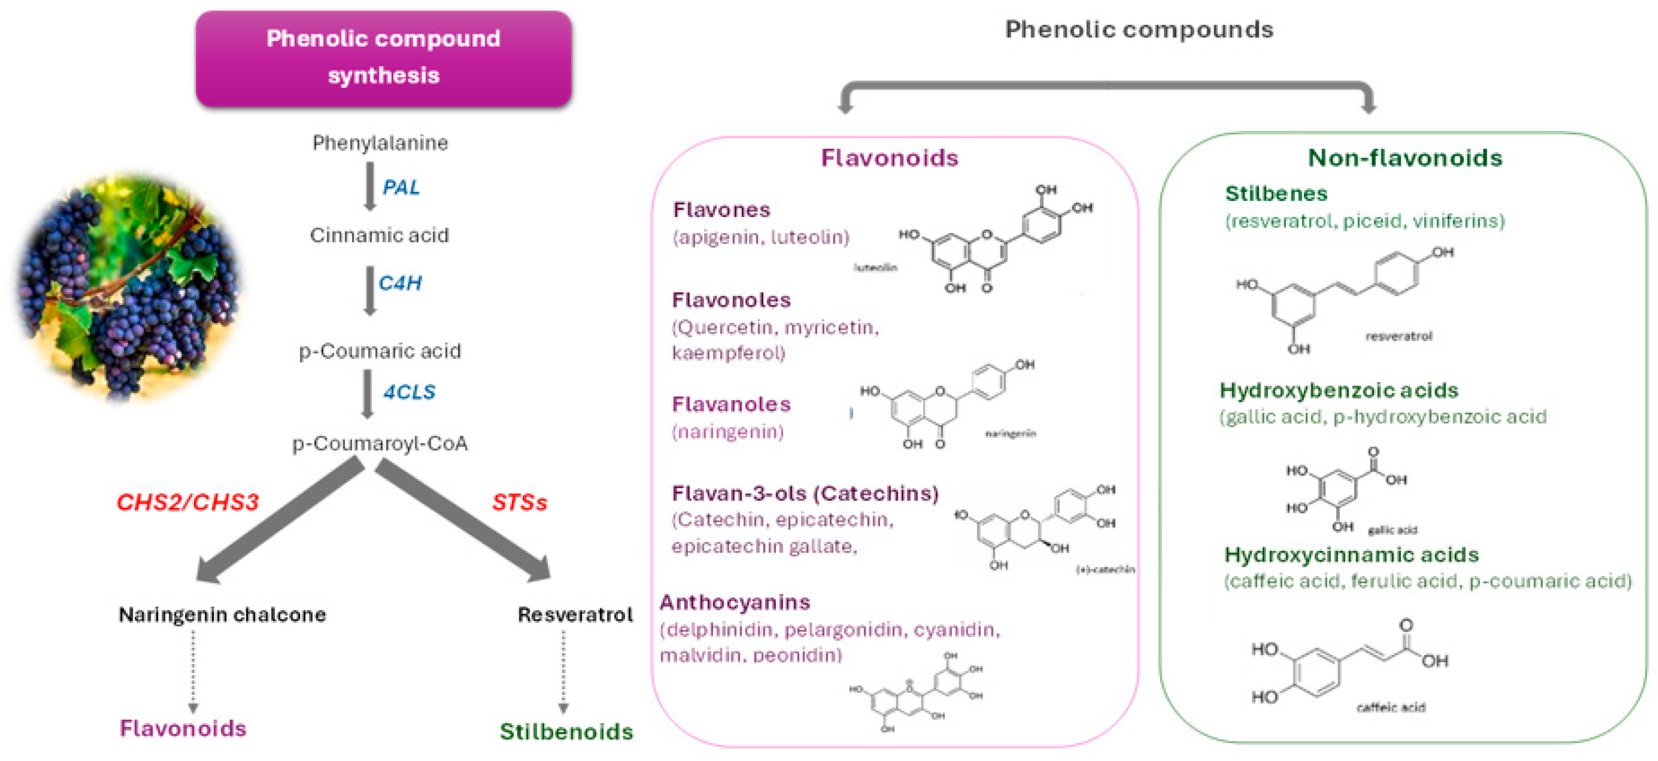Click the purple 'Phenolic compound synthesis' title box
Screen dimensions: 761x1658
coord(384,58)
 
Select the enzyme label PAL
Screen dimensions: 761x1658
coord(401,187)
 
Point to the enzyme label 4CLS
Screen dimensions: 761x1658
coord(409,392)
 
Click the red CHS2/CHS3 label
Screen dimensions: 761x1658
coord(187,502)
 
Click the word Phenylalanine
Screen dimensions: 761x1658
coord(380,143)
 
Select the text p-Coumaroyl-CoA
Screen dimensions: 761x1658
coord(380,443)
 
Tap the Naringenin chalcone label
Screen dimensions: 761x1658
coord(222,615)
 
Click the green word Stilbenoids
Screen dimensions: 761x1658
coord(566,732)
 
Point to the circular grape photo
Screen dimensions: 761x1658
coord(129,286)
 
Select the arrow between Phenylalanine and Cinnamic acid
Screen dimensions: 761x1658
coord(370,187)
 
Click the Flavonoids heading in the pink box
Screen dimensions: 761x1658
coord(890,158)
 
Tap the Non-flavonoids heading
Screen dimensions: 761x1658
coord(1404,158)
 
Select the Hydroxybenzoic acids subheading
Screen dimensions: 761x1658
coord(1339,391)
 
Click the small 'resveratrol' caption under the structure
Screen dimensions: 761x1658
coord(1398,336)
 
